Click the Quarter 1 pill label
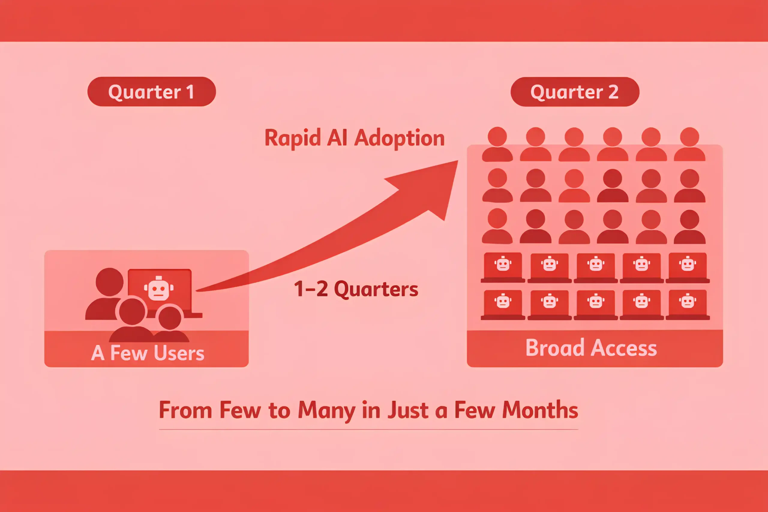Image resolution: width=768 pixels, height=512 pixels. tap(151, 92)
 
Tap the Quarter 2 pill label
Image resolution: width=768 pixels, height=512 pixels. tap(575, 92)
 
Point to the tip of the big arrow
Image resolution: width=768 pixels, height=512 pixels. tap(458, 161)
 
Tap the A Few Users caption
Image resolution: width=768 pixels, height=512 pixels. tap(148, 353)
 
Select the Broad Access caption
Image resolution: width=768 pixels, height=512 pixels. tap(591, 348)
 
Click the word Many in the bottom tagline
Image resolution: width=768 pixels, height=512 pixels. tap(326, 411)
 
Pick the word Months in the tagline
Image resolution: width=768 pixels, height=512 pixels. tap(540, 410)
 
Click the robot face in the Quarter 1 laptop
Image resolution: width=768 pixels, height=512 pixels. tap(159, 288)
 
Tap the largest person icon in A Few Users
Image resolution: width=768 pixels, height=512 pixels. tap(104, 294)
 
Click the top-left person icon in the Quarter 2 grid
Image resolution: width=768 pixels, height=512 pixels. tap(497, 144)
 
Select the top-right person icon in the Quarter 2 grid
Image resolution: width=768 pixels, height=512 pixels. tap(690, 144)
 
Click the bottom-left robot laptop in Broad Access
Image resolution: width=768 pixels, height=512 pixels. tap(503, 305)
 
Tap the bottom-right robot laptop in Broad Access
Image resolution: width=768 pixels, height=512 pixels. tap(688, 305)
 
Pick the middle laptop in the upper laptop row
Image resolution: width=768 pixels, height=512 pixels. tap(595, 268)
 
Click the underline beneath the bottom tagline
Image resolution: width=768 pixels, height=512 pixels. tap(368, 430)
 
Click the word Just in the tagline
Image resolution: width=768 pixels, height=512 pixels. tap(408, 410)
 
